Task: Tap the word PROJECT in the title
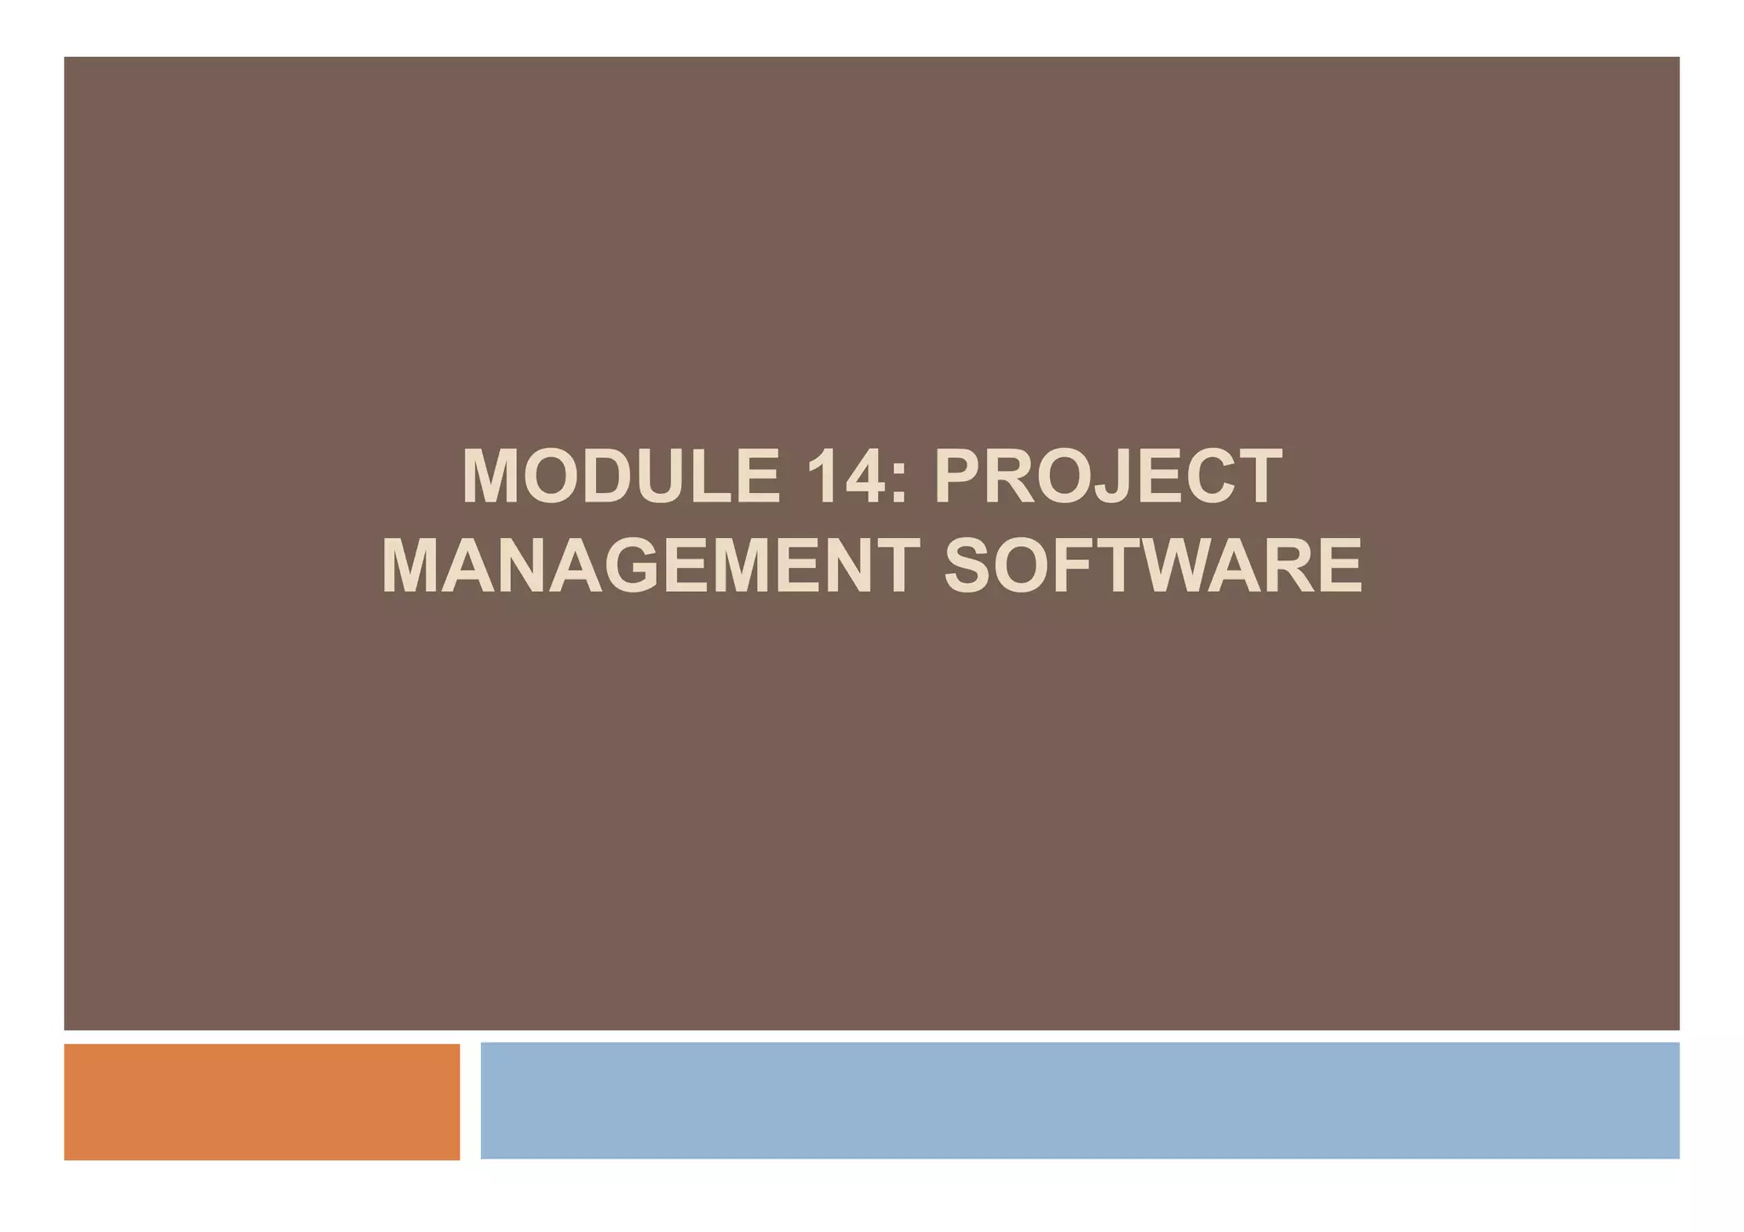click(1108, 477)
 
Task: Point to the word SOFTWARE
click(1153, 565)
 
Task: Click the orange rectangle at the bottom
click(261, 1101)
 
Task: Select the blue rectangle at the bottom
click(1079, 1100)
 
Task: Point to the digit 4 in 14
click(861, 477)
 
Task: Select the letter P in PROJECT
click(961, 477)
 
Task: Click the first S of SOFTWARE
click(972, 565)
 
